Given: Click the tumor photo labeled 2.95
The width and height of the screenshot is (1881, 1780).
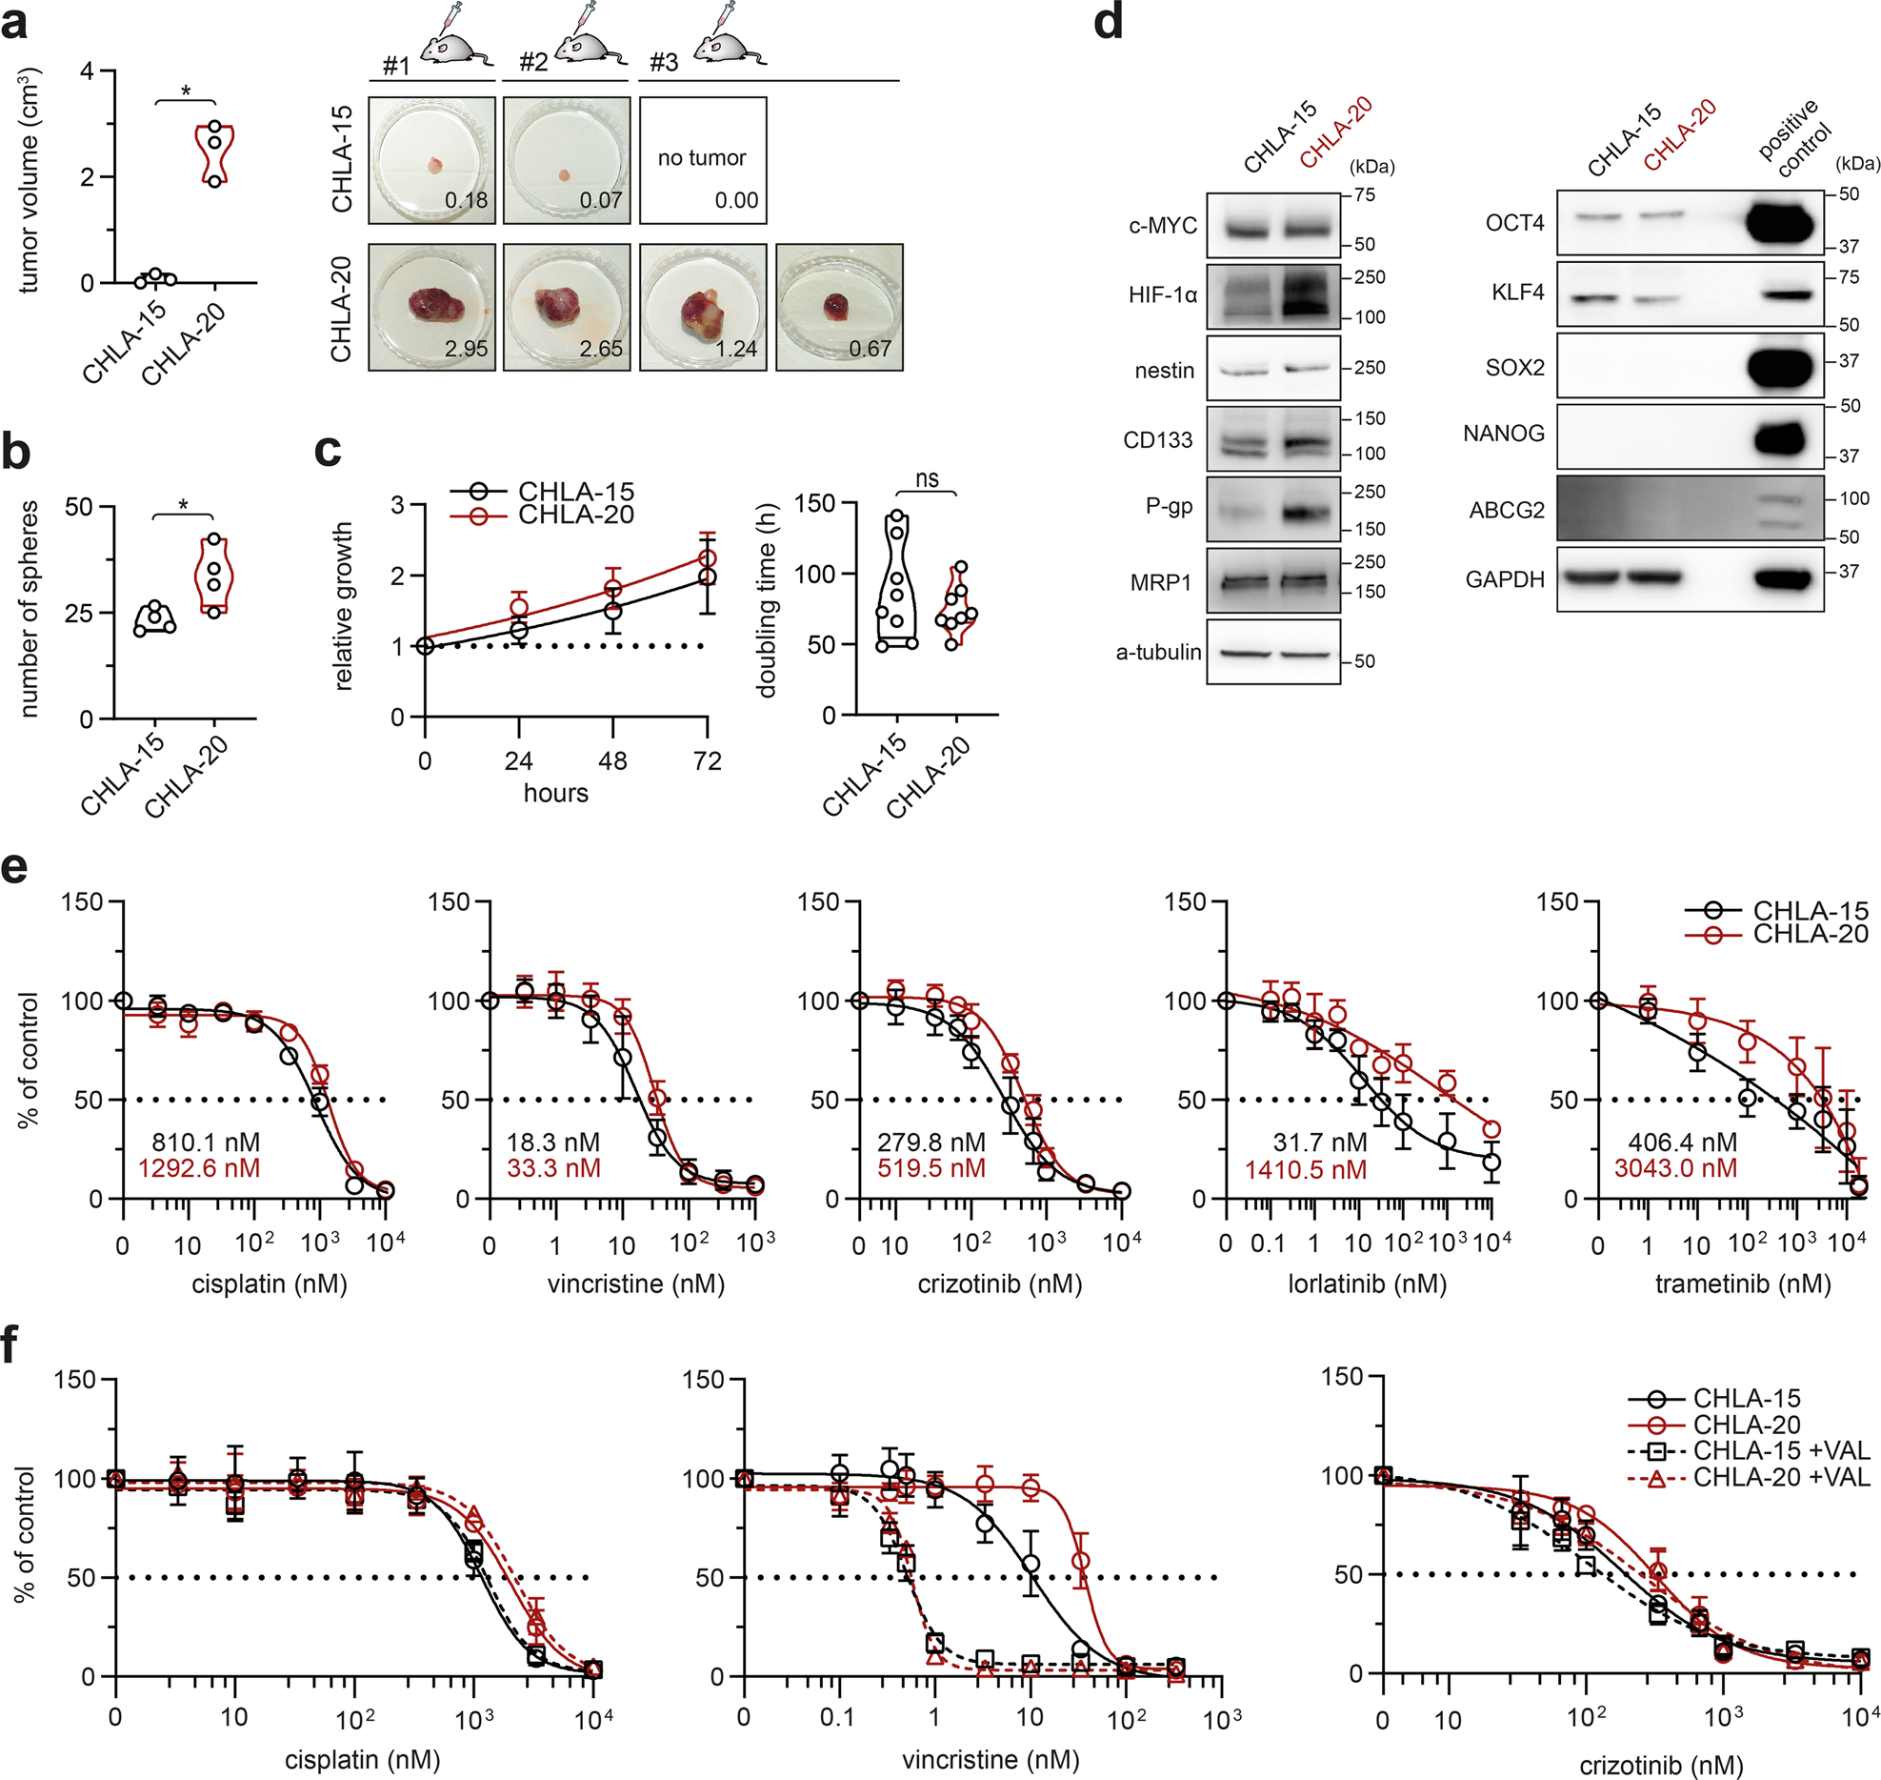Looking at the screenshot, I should click(431, 306).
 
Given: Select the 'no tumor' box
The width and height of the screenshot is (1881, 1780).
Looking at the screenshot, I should click(703, 160).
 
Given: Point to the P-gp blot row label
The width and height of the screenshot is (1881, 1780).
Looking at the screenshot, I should click(1169, 507).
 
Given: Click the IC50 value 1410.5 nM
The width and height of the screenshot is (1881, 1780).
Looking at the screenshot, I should click(1306, 1170).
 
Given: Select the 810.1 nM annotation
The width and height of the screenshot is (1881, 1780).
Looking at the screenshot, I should click(206, 1142).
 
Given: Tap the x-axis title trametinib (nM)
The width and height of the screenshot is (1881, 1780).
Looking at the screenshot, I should click(1743, 1284).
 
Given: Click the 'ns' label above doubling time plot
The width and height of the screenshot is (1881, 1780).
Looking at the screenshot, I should click(927, 478).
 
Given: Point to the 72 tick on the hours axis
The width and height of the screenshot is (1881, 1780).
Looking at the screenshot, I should click(707, 760).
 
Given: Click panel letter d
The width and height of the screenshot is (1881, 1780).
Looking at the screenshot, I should click(1108, 23).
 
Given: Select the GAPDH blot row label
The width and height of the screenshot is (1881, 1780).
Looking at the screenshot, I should click(1505, 579).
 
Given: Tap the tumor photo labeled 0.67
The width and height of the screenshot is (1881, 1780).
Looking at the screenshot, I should click(839, 306).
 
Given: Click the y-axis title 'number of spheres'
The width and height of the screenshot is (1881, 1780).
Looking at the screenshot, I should click(29, 610).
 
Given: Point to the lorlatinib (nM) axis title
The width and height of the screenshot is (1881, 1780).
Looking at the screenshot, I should click(1367, 1284).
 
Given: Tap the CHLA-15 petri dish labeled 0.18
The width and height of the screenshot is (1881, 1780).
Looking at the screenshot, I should click(431, 160).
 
